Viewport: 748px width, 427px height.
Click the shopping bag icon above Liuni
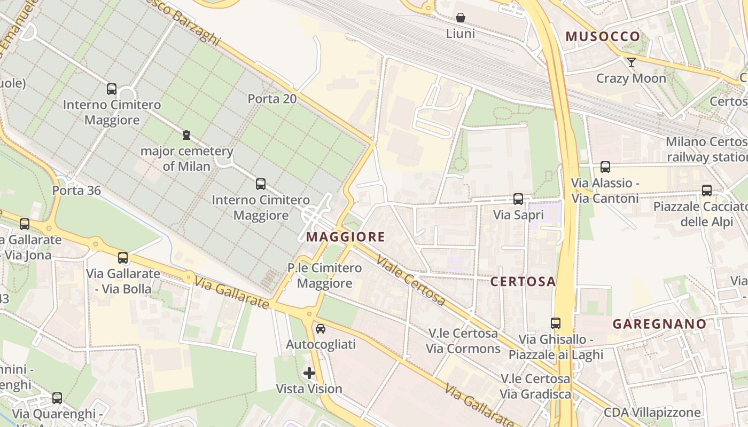point(460,18)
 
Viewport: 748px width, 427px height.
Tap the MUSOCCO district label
point(603,36)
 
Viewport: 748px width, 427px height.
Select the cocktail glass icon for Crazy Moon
point(631,62)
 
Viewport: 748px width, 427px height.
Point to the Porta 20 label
point(272,99)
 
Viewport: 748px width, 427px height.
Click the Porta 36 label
point(76,191)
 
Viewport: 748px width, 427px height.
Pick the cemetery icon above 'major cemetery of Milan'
point(186,135)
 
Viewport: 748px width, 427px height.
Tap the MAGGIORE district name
point(346,236)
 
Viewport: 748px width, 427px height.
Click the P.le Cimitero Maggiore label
point(324,275)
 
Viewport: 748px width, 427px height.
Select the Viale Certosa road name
point(410,281)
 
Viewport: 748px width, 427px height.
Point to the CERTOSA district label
point(523,282)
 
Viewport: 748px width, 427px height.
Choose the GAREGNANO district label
point(659,323)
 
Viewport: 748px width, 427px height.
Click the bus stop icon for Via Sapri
point(518,199)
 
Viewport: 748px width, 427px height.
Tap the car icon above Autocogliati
point(321,329)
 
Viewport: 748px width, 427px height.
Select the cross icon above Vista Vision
point(309,373)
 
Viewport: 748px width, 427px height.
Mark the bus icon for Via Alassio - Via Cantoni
point(605,167)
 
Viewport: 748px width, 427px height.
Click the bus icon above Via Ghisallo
point(556,323)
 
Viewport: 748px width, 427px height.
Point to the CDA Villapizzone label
point(652,413)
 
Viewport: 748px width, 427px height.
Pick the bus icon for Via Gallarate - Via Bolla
point(123,258)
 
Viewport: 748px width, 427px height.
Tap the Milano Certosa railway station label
point(706,149)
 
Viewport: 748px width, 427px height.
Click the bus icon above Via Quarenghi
point(57,398)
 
